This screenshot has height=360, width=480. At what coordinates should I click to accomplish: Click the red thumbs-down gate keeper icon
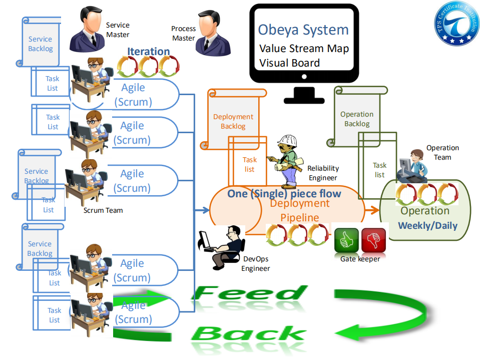(373, 241)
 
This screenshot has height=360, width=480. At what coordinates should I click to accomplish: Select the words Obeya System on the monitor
(303, 30)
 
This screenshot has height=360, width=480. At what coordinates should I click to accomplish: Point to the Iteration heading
(148, 51)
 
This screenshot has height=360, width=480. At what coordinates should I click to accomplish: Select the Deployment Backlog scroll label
(233, 121)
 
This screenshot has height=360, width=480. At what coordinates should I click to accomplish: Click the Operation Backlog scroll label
(357, 119)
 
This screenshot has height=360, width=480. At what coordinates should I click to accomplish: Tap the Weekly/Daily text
(427, 225)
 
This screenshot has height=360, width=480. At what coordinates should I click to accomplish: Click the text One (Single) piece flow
(284, 194)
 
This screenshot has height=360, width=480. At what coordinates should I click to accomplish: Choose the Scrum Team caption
(103, 210)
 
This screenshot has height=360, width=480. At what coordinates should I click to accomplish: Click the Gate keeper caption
(360, 259)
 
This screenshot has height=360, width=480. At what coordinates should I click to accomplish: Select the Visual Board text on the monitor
(289, 63)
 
